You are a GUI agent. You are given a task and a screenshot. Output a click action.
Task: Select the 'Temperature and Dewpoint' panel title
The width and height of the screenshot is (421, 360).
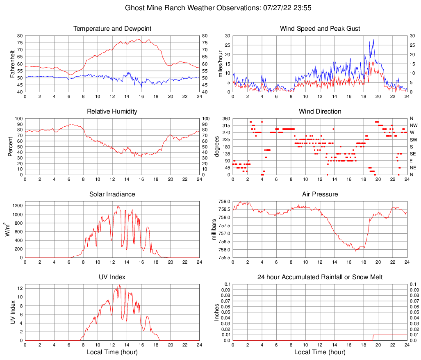point(112,29)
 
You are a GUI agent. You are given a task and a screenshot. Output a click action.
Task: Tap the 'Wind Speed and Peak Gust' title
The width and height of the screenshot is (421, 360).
point(320,29)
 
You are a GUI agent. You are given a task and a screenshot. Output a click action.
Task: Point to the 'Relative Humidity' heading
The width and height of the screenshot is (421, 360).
point(112,112)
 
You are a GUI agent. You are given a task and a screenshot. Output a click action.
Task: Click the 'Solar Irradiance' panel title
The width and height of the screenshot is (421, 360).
point(112,194)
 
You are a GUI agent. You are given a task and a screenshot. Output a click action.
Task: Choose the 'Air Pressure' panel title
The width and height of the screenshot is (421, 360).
point(320,194)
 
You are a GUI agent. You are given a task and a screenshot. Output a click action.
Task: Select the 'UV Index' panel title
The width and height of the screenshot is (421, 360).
point(112,277)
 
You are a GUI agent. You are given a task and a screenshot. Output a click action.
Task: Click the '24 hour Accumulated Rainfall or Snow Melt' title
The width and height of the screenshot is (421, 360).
point(320,277)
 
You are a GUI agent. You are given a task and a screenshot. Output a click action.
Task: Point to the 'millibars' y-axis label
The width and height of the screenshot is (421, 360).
point(214,230)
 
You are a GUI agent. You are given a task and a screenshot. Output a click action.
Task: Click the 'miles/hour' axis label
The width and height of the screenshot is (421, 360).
point(220,64)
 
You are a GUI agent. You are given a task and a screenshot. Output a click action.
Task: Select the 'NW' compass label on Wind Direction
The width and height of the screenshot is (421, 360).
point(414,125)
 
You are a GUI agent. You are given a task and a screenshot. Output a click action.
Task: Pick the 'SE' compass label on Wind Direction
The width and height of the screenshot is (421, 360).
point(413,154)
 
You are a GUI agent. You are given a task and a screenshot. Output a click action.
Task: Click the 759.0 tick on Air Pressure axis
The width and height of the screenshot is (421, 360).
point(225,201)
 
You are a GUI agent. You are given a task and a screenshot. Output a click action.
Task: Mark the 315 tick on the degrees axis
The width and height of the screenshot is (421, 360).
point(226,125)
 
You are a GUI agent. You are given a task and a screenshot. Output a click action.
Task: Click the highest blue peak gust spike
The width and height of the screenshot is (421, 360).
point(373,40)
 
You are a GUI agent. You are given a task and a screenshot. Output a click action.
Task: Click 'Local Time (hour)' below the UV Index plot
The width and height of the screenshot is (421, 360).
point(112,352)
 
